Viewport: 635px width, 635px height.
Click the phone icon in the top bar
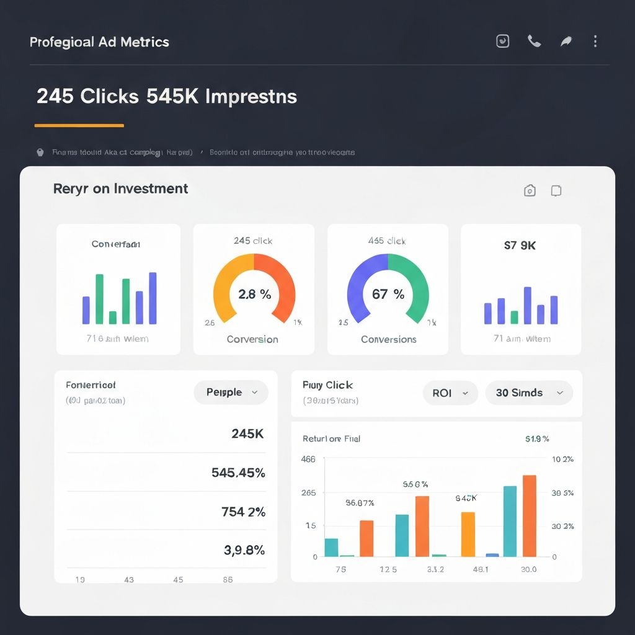pyautogui.click(x=534, y=42)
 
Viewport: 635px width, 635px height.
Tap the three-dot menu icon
pyautogui.click(x=595, y=42)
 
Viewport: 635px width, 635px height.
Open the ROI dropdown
pyautogui.click(x=450, y=393)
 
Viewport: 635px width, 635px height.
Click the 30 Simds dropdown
pyautogui.click(x=529, y=393)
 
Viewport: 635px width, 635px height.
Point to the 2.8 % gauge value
pyautogui.click(x=254, y=295)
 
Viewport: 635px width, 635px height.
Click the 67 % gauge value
pyautogui.click(x=388, y=295)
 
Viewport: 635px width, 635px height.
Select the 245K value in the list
pyautogui.click(x=247, y=434)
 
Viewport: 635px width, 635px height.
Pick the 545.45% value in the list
pyautogui.click(x=238, y=473)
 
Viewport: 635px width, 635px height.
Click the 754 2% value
pyautogui.click(x=243, y=512)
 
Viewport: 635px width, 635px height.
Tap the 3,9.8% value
pyautogui.click(x=244, y=550)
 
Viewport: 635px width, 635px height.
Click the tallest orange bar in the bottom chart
pyautogui.click(x=529, y=516)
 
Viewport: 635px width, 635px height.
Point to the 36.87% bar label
pyautogui.click(x=360, y=503)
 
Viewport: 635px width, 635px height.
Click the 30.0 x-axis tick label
pyautogui.click(x=529, y=570)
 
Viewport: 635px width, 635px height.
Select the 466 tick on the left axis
pyautogui.click(x=308, y=460)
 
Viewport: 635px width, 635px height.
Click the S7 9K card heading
pyautogui.click(x=520, y=246)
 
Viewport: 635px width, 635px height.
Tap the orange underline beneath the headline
pyautogui.click(x=79, y=126)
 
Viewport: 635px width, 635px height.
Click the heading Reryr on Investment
pyautogui.click(x=121, y=189)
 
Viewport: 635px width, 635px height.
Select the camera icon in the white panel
pyautogui.click(x=530, y=191)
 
